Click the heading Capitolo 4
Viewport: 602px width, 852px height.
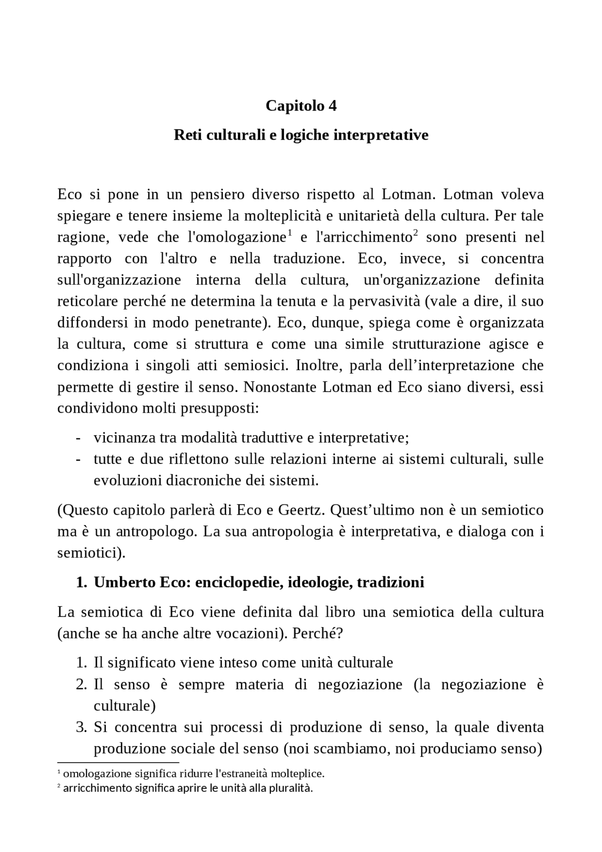tap(301, 106)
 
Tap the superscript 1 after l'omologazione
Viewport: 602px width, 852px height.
tap(290, 233)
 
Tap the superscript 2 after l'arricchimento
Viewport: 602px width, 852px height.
tap(415, 233)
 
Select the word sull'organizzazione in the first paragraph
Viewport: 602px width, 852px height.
tap(119, 280)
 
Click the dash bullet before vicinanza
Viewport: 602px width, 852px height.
tap(78, 438)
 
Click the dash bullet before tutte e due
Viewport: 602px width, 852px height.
tap(78, 460)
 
